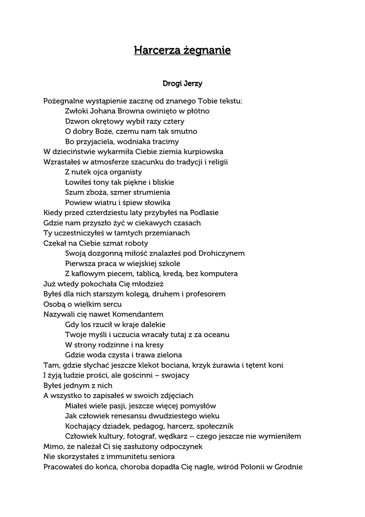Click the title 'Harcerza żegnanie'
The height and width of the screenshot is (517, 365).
(182, 50)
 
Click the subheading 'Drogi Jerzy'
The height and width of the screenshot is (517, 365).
(182, 83)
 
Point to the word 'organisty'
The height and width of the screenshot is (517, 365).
(126, 172)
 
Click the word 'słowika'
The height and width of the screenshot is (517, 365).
(157, 202)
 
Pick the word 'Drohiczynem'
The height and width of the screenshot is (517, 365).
(222, 253)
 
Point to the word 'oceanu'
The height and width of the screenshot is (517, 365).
(217, 334)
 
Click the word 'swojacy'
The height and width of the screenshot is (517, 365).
(175, 375)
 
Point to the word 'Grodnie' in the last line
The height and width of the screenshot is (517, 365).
(288, 467)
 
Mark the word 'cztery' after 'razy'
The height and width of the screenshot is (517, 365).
(173, 121)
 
